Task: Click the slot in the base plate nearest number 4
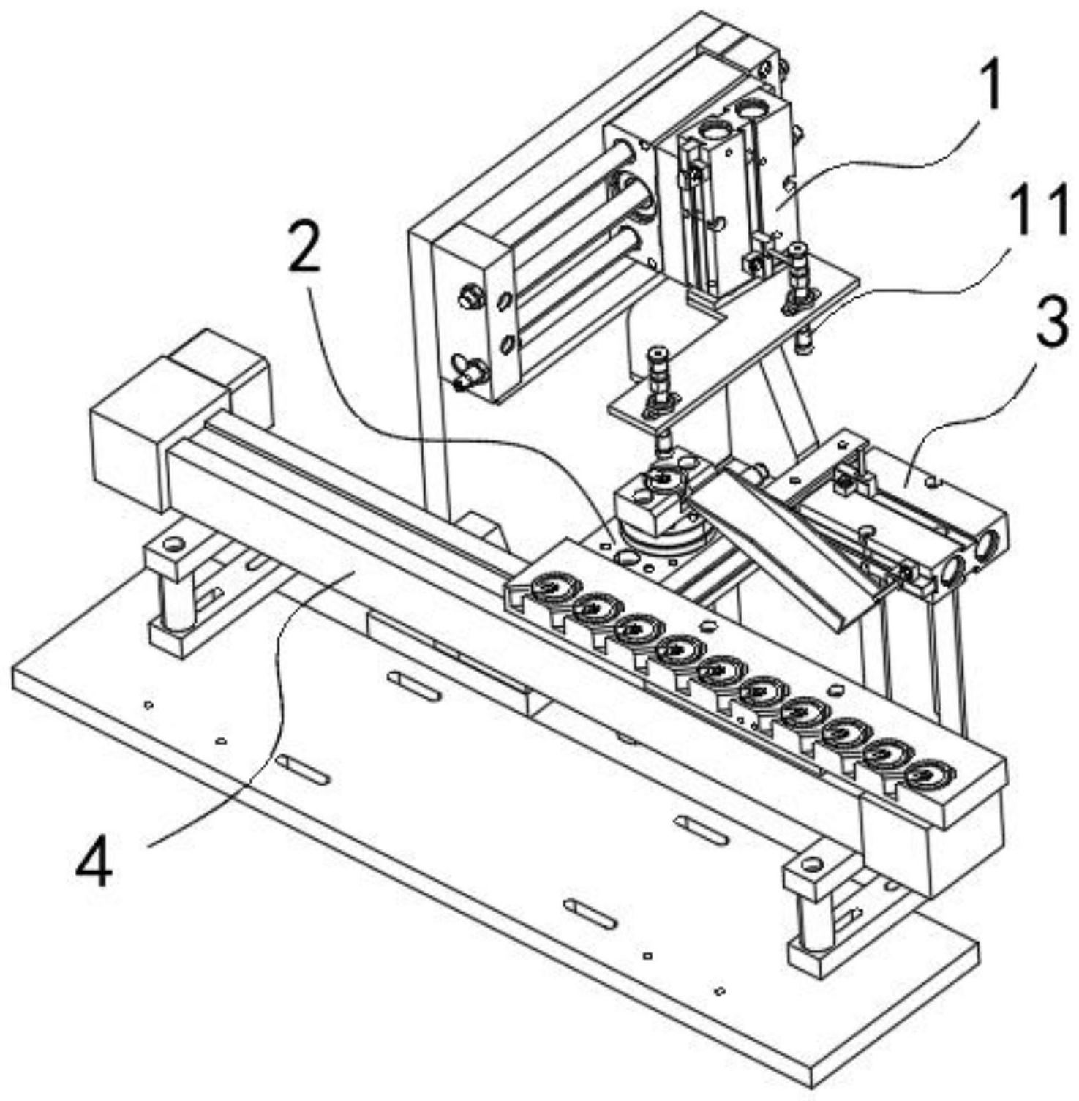tap(303, 767)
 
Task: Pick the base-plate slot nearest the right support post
tap(702, 829)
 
